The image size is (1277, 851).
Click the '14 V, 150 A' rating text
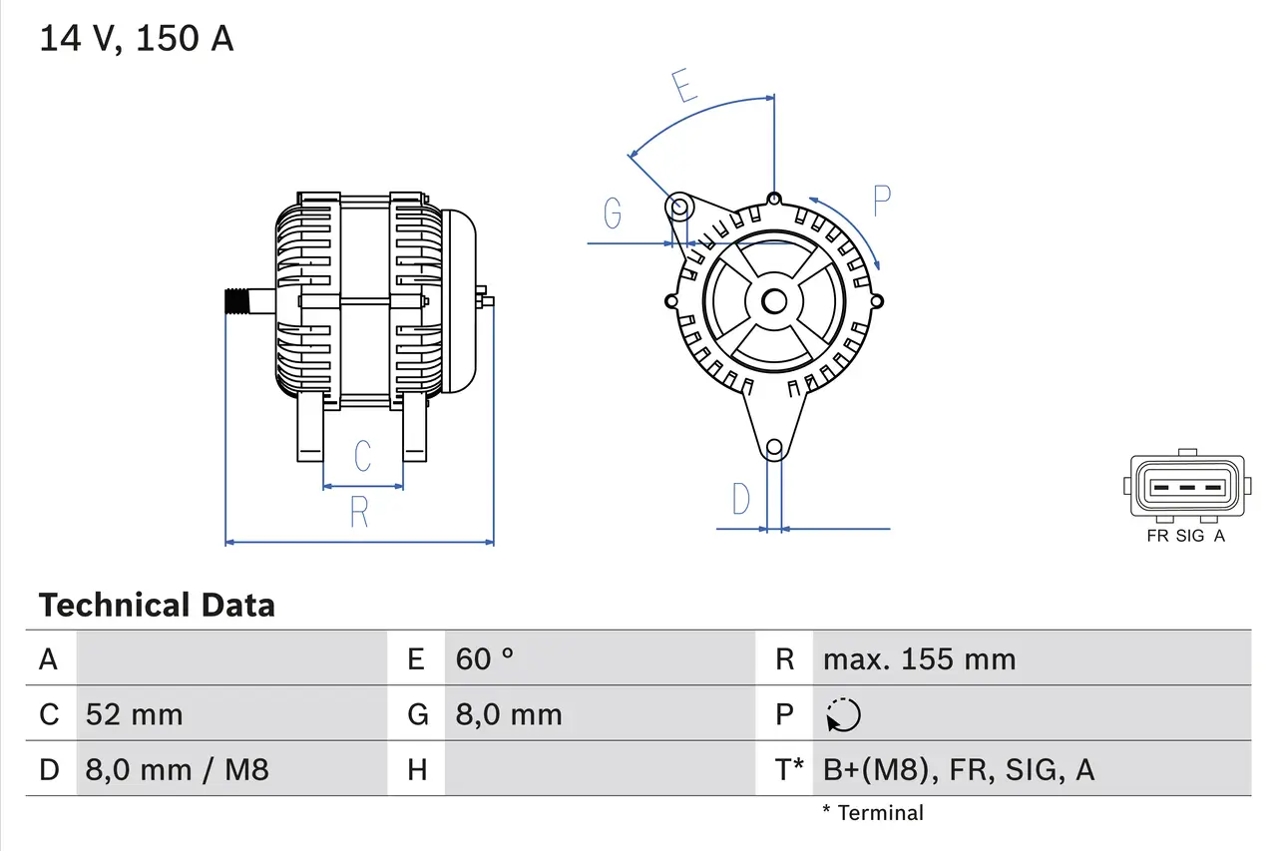tap(136, 39)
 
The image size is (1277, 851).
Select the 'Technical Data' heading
tap(157, 605)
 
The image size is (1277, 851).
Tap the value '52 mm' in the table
tap(134, 714)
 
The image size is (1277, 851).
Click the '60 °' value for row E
tap(485, 658)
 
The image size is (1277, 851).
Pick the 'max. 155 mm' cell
tap(919, 658)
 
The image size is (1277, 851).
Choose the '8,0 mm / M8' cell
tap(177, 769)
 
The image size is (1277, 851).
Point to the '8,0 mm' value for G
tap(509, 714)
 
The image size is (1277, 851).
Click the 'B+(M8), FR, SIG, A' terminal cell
tap(958, 769)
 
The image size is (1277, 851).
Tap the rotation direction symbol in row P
tap(843, 714)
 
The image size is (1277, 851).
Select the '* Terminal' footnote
tap(873, 812)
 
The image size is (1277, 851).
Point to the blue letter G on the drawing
tap(613, 213)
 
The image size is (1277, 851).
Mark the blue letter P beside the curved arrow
tap(881, 201)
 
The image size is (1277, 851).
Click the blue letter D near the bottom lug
tap(740, 498)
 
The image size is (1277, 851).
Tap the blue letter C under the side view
tap(362, 455)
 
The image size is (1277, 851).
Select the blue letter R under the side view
tap(359, 512)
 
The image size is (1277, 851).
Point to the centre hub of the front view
tap(773, 300)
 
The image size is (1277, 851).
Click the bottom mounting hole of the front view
tap(773, 448)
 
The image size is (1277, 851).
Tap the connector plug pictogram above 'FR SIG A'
tap(1186, 487)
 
